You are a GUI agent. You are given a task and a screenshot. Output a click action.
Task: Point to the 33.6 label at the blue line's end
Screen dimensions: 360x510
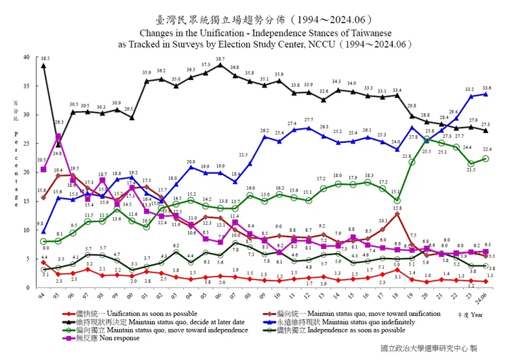(487, 88)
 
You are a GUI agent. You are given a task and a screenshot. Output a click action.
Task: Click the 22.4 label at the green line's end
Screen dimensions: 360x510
(487, 150)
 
